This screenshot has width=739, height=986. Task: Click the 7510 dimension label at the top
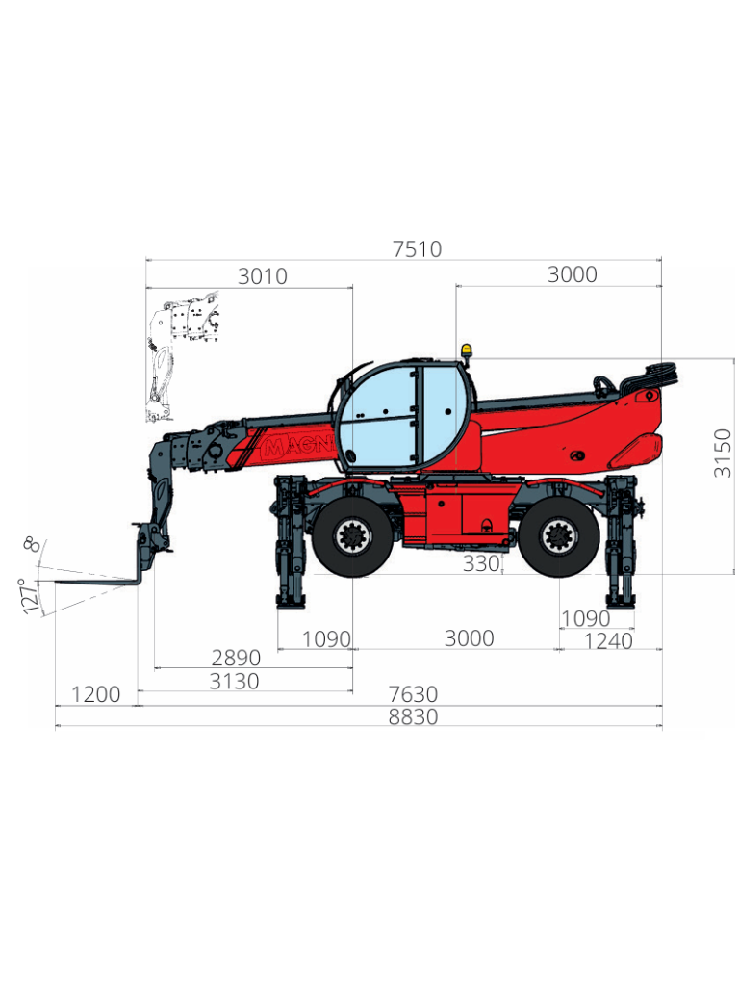click(418, 249)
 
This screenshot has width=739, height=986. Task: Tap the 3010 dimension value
click(263, 276)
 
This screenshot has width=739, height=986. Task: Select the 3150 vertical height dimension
click(723, 453)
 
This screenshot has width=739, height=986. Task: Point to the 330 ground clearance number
click(481, 563)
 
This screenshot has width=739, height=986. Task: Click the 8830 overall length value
click(413, 716)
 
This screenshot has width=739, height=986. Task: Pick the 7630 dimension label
click(413, 694)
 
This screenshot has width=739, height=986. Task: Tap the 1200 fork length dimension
click(95, 695)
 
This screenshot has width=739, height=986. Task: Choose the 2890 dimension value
click(236, 658)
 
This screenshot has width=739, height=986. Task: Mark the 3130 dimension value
click(234, 681)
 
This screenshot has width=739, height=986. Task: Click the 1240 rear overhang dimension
click(608, 641)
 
